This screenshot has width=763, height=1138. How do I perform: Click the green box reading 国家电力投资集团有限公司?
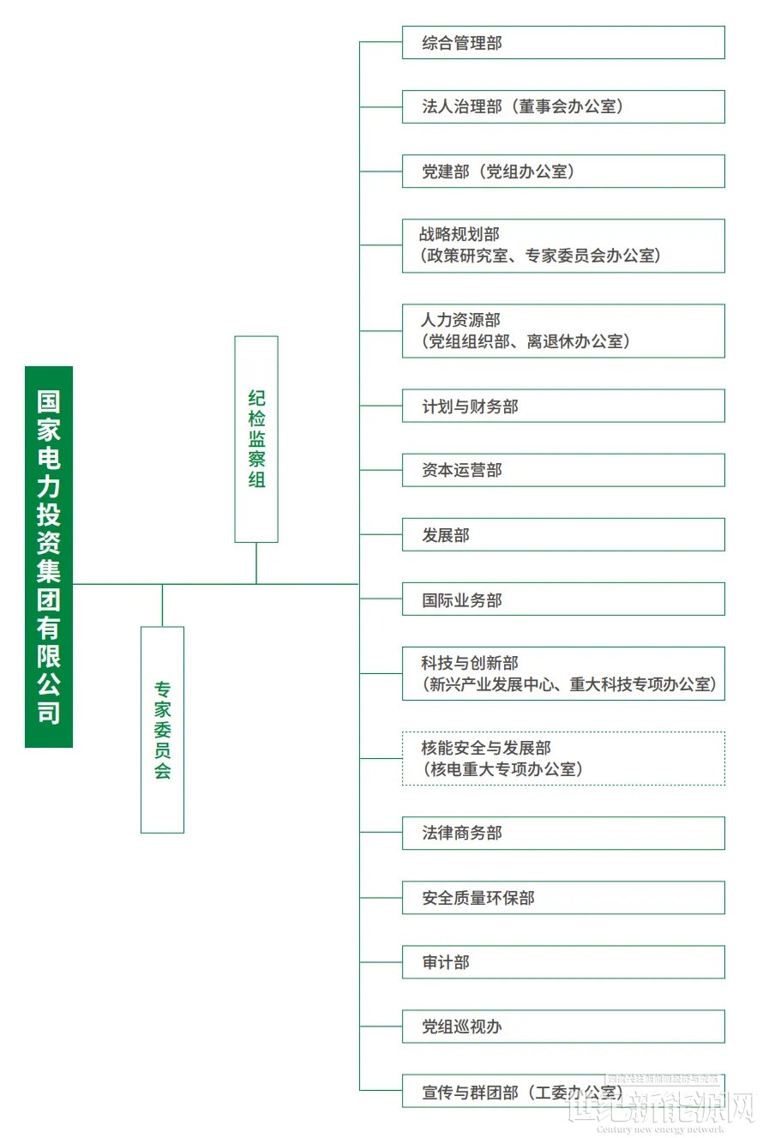click(49, 557)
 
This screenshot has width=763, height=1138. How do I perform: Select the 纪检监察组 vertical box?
click(256, 439)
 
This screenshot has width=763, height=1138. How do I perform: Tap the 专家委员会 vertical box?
click(163, 730)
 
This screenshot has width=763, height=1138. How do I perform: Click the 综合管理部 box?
click(563, 43)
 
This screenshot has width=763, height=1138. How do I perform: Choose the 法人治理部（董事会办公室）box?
click(563, 106)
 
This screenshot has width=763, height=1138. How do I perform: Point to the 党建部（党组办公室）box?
click(563, 172)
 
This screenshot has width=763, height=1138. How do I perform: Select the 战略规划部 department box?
click(563, 246)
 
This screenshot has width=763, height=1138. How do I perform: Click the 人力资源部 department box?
click(563, 331)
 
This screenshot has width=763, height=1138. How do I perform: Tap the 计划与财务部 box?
click(563, 406)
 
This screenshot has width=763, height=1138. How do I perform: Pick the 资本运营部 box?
click(563, 471)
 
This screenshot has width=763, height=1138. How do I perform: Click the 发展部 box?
click(563, 534)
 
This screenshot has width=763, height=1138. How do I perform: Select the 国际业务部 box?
click(563, 599)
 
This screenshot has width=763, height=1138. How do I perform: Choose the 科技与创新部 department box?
click(563, 674)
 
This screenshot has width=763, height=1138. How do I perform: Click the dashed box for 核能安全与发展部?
click(563, 758)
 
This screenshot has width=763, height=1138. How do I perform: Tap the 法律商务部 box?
click(563, 834)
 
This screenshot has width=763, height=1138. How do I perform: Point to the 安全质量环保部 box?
click(563, 898)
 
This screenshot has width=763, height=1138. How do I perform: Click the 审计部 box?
click(563, 962)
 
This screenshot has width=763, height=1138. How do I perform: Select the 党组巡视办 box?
click(563, 1027)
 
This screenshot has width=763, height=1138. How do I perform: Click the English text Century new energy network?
click(660, 1129)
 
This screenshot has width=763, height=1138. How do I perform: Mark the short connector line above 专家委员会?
click(163, 605)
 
